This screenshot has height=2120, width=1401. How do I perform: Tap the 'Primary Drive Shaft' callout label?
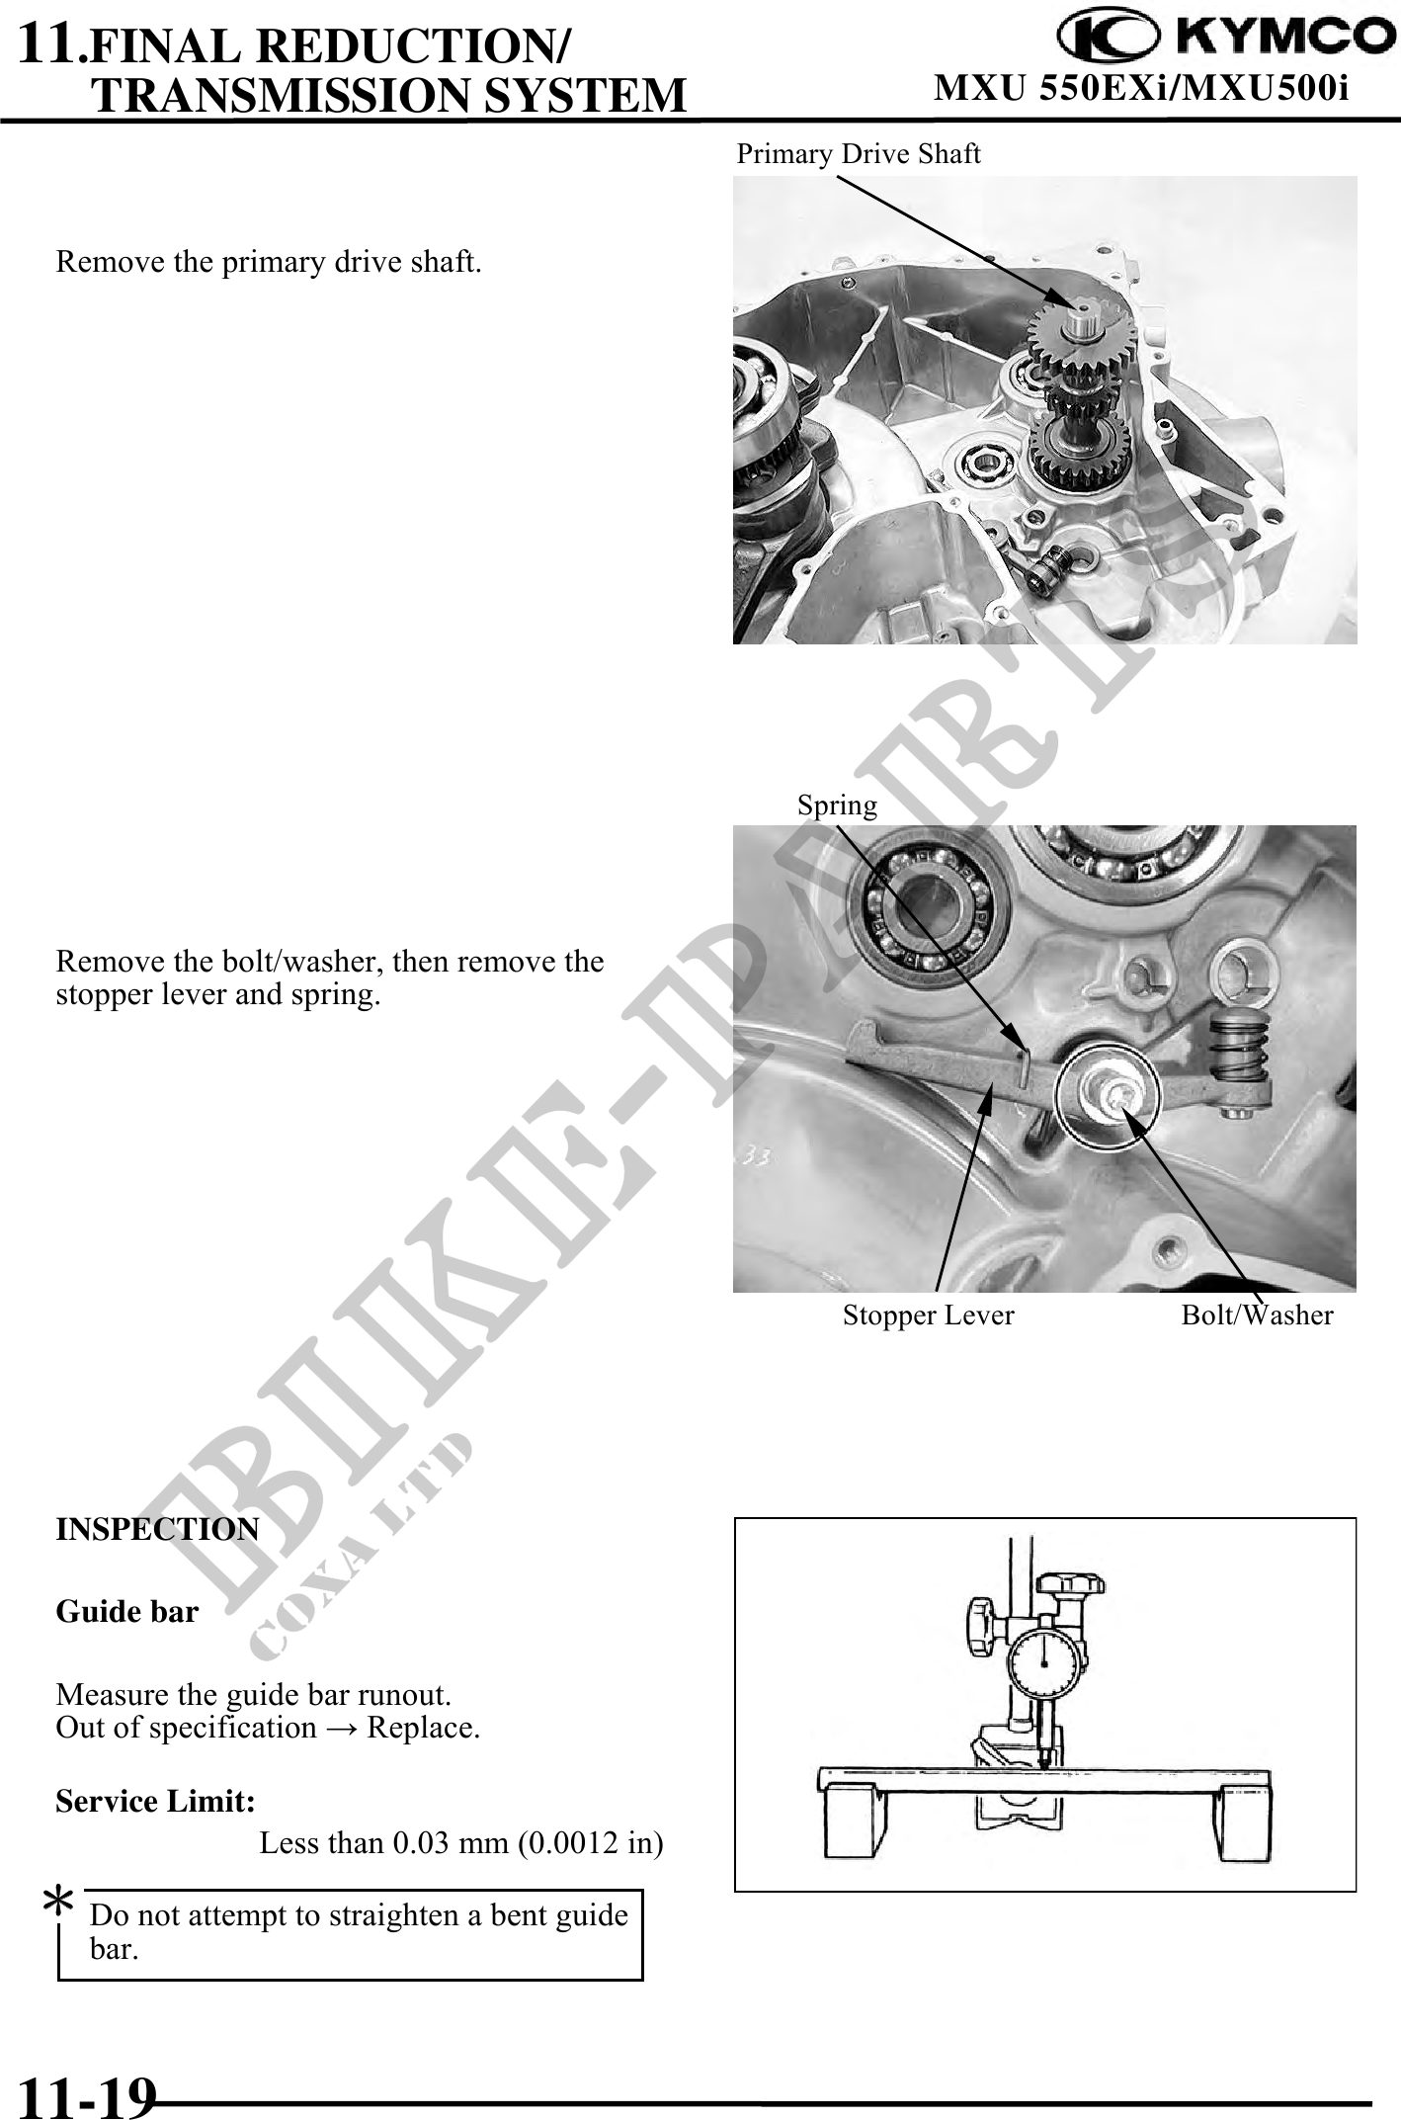[859, 154]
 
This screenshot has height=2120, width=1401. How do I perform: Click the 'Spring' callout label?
[837, 806]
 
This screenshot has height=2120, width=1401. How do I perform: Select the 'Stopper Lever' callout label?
[928, 1315]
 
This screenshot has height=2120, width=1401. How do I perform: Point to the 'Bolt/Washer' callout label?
[1257, 1315]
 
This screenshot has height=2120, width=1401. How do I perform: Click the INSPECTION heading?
[157, 1529]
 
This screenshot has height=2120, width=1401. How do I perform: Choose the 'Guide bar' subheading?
[127, 1612]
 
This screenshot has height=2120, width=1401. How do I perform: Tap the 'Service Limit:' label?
[156, 1802]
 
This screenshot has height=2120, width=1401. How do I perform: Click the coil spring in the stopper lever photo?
[1238, 1050]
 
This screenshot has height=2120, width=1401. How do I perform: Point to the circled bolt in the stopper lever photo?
[1106, 1095]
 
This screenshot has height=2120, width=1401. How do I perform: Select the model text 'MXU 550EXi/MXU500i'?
[1141, 89]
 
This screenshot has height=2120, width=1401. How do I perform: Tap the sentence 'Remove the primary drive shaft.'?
[269, 263]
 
